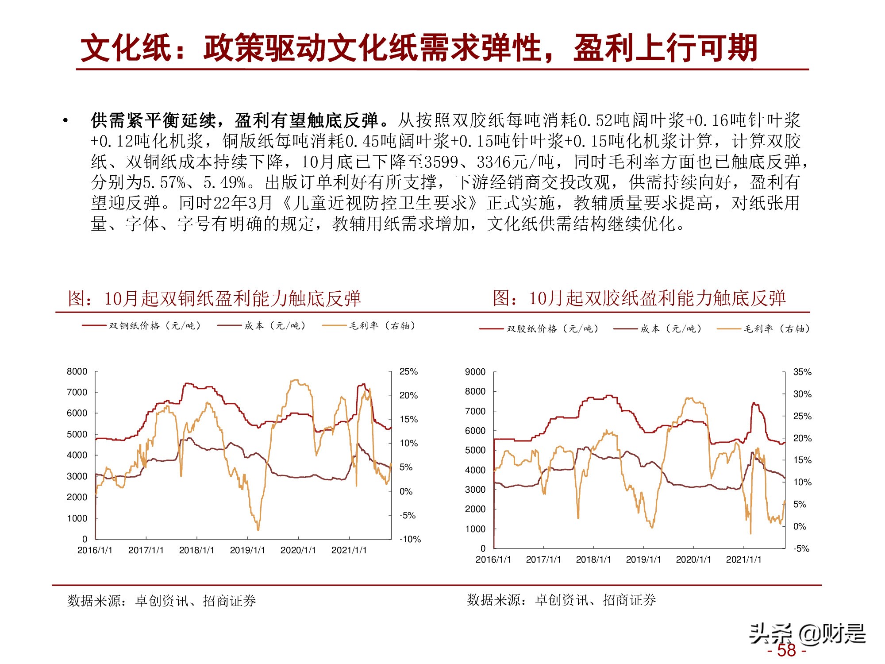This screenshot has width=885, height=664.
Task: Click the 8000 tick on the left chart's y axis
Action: (77, 371)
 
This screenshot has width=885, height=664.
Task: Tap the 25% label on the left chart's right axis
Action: (408, 371)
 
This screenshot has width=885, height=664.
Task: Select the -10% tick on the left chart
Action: (410, 539)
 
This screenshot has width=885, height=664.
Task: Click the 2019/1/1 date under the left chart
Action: (247, 550)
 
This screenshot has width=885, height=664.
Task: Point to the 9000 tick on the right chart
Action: (475, 372)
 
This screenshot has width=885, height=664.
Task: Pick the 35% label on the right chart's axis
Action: (802, 372)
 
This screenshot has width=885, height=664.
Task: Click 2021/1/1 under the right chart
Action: (743, 560)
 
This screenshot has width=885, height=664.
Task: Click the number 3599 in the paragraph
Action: (441, 162)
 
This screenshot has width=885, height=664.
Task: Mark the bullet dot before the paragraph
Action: (65, 120)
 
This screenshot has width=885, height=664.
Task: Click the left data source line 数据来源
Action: (162, 601)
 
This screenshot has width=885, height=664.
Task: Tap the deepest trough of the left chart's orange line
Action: (258, 529)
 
